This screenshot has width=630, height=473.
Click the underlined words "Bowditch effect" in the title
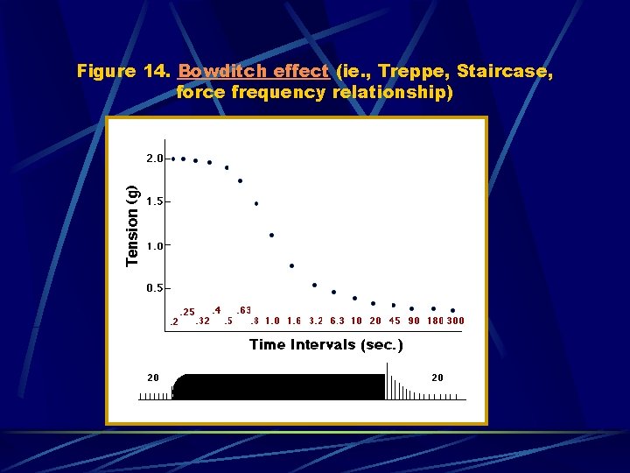pos(253,71)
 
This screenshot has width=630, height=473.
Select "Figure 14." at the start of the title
pos(123,71)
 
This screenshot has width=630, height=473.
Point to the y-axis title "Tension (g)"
pos(132,226)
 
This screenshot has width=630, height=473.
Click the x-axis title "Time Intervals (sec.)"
pos(326,344)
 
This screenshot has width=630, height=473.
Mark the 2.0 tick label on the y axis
pos(154,159)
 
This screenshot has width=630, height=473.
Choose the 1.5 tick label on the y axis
pos(154,201)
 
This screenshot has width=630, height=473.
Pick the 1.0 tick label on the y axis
pos(154,246)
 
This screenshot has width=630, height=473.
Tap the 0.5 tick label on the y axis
pos(154,288)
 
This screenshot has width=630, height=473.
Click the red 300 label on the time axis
pos(455,321)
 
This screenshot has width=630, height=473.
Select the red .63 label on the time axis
pos(244,310)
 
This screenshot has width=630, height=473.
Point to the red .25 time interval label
pos(186,313)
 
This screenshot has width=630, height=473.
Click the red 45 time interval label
pos(395,321)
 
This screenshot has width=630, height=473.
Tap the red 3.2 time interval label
pos(317,321)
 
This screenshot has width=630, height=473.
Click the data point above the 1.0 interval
pos(272,235)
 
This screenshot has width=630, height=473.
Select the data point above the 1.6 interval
pos(291,265)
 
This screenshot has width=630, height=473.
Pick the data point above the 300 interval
pos(452,310)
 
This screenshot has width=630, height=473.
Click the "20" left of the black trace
pos(153,378)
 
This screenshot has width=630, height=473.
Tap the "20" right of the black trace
pos(437,378)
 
